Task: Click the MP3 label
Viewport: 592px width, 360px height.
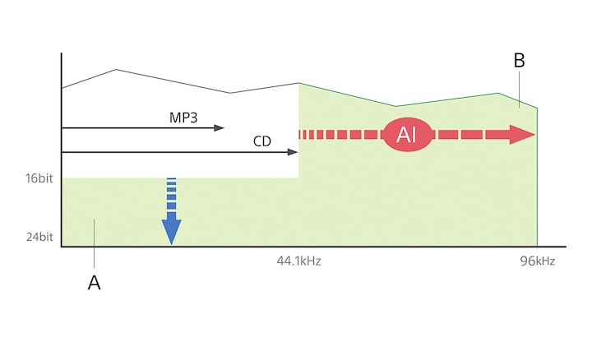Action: click(183, 118)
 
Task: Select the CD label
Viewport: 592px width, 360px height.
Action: click(261, 141)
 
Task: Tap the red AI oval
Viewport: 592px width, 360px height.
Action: click(406, 135)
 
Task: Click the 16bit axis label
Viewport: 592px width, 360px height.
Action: click(39, 178)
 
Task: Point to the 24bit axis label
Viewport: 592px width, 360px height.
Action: click(39, 237)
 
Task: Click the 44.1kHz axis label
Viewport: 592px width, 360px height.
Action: click(298, 261)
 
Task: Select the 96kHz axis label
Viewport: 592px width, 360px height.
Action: click(538, 261)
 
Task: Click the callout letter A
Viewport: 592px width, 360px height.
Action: click(95, 283)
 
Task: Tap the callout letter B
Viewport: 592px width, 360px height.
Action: click(519, 61)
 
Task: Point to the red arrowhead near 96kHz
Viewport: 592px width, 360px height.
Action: click(522, 135)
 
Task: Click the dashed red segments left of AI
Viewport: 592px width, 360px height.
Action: click(337, 135)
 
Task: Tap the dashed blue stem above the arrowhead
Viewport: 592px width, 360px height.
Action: click(171, 196)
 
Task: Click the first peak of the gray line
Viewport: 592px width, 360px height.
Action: click(116, 70)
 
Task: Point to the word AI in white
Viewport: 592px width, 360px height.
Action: click(406, 135)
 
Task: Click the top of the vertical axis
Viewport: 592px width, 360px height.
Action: click(62, 55)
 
